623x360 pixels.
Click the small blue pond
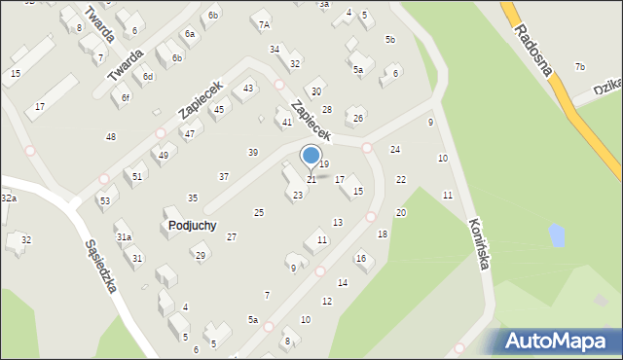tap(555, 234)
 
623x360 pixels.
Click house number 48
tap(111, 137)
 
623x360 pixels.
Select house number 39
tap(253, 152)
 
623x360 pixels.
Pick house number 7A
tap(263, 23)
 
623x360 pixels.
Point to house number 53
tap(104, 200)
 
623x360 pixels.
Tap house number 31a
tap(124, 236)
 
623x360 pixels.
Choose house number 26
tap(358, 118)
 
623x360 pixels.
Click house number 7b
tap(579, 66)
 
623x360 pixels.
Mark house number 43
tap(249, 89)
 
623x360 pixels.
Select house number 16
tap(360, 258)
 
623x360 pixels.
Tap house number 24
tap(395, 149)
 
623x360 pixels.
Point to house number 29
tap(201, 255)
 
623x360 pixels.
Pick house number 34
tap(275, 49)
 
